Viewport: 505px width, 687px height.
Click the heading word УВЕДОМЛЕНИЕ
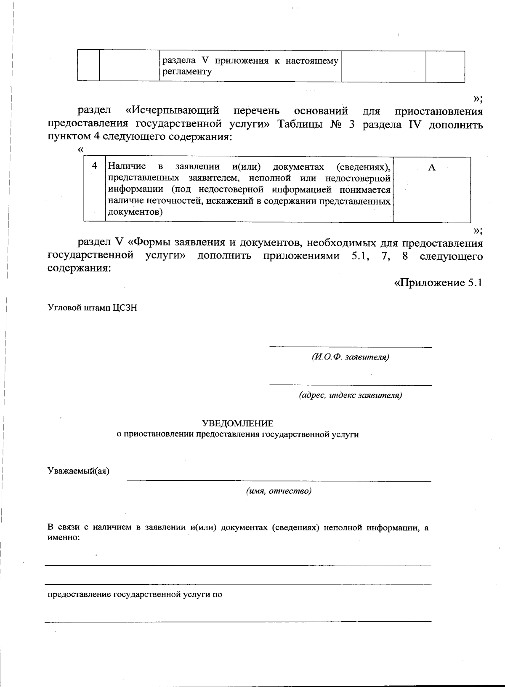(237, 423)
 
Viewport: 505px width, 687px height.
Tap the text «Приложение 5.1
(437, 282)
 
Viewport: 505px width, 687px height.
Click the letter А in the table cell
(431, 168)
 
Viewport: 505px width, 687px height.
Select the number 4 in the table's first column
(95, 166)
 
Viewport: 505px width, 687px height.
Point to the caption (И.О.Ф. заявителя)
(350, 357)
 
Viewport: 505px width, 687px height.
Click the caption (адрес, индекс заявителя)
(350, 396)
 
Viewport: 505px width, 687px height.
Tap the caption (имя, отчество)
(279, 491)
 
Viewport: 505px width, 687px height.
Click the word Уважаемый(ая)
(78, 471)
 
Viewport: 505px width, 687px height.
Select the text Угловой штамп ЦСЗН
(92, 308)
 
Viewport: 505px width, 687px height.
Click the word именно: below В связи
(64, 538)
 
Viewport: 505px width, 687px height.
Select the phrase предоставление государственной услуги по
(135, 595)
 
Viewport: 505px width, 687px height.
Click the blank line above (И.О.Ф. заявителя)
(350, 347)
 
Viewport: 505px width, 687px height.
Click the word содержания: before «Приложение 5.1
(79, 268)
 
